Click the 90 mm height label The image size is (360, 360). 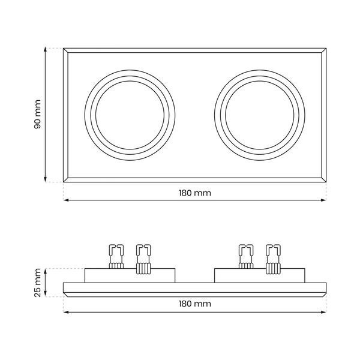37,115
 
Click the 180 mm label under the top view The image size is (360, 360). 194,193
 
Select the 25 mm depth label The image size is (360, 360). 37,283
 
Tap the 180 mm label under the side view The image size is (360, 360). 194,304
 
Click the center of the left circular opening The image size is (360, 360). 130,115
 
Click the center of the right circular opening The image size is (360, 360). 260,115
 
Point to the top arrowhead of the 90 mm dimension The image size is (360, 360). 45,50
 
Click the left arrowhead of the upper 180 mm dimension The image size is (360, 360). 66,200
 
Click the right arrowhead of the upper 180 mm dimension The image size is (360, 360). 323,200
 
